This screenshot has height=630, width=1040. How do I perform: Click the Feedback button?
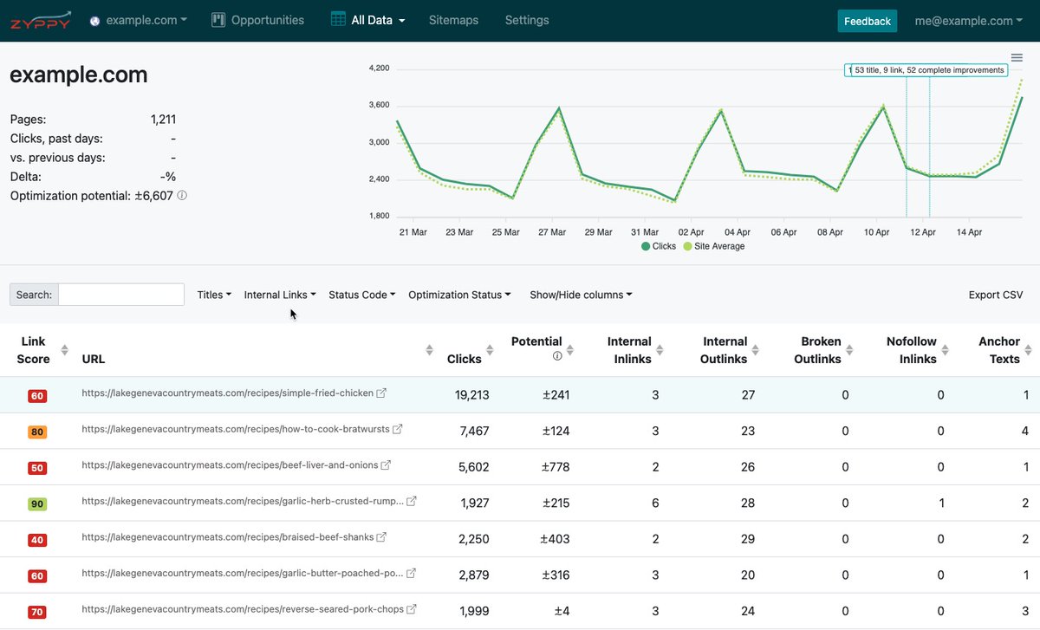pos(867,21)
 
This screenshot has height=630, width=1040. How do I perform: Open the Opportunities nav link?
pos(258,20)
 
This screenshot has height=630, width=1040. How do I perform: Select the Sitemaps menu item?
pos(453,20)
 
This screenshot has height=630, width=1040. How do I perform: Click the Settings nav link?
pos(526,20)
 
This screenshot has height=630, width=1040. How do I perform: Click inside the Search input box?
pos(120,295)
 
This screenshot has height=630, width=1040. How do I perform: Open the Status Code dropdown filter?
pos(361,295)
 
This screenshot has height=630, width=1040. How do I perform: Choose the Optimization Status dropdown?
pos(458,295)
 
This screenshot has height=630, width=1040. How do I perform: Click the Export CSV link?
pos(995,295)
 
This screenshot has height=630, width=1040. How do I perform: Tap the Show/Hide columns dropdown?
pos(581,295)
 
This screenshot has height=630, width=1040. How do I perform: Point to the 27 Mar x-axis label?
pos(552,232)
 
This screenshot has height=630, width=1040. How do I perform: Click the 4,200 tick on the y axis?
pos(379,68)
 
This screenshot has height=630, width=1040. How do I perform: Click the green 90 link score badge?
pos(37,503)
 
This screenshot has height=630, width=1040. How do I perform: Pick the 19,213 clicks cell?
pos(471,395)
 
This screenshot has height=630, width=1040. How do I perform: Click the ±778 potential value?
pos(556,467)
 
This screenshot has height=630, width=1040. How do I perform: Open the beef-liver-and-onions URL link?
pos(230,465)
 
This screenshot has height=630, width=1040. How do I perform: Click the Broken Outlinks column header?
pos(817,350)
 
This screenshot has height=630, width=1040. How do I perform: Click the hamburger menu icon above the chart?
pos(1017,58)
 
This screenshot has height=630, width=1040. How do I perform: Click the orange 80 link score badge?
pos(37,432)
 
